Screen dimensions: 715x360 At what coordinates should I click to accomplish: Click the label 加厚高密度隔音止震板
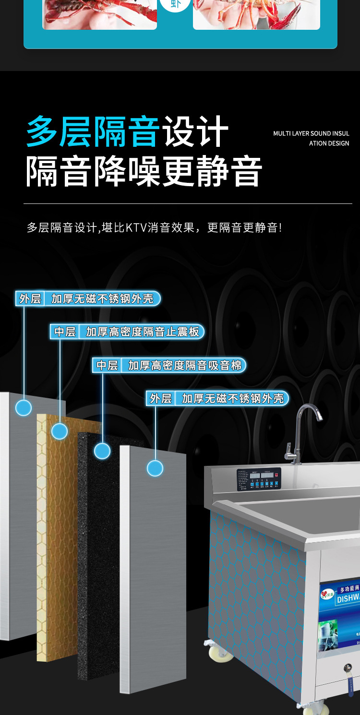point(142,332)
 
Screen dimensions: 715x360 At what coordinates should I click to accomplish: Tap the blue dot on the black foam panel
point(102,451)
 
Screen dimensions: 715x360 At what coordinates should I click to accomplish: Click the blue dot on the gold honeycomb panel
point(60,431)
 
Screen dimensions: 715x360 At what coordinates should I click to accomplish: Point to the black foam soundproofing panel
point(98,552)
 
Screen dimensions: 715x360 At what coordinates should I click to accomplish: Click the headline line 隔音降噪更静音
point(144,171)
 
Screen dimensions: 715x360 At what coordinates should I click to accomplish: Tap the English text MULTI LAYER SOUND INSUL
point(311,133)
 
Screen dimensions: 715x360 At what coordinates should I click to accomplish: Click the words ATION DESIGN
point(329,143)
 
